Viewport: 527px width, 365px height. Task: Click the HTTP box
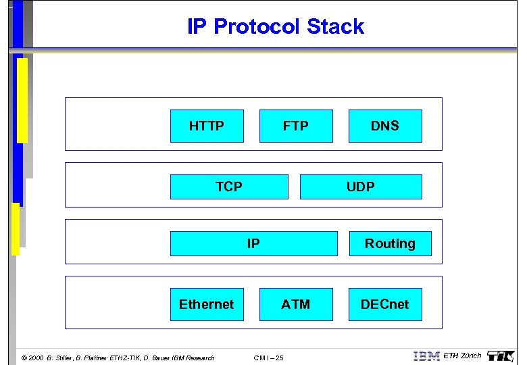[207, 126]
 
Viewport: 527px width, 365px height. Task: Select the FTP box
[296, 126]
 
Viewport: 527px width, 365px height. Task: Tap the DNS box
[385, 126]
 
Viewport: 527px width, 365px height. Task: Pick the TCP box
[229, 187]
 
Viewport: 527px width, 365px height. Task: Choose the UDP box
[361, 187]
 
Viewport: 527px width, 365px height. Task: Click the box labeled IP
[253, 243]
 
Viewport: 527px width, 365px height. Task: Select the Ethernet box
[207, 304]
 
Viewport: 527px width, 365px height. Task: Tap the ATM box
[296, 304]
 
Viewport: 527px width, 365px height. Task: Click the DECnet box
[385, 304]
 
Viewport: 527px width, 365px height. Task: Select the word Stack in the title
[335, 27]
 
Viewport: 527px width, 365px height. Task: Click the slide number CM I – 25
[268, 358]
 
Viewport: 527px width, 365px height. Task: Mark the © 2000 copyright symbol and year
[32, 358]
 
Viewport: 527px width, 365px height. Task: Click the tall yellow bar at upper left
[22, 100]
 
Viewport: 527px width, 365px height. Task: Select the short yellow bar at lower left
[16, 228]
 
